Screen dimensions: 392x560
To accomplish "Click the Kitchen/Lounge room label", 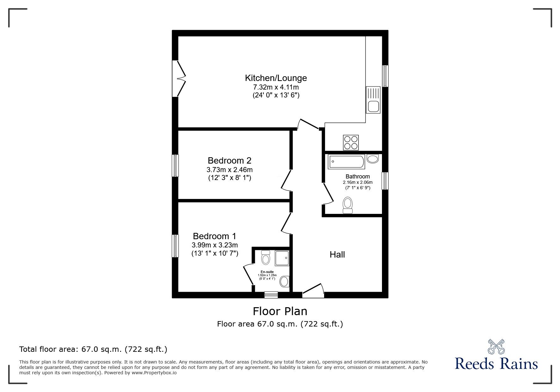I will pos(276,78).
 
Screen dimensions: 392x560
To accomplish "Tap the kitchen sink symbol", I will pos(373,100).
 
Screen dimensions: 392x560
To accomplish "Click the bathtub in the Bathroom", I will pos(346,162).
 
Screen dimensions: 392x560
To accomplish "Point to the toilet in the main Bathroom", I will pos(348,205).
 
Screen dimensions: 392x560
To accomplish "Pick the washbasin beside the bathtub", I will pos(373,159).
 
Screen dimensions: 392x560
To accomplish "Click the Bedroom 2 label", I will pos(229,160).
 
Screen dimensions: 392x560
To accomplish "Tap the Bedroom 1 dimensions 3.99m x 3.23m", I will pos(215,245).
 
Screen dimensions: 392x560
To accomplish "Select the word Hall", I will pos(337,254).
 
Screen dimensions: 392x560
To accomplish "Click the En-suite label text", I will pos(267,272).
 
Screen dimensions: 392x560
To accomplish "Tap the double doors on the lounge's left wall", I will pos(178,78).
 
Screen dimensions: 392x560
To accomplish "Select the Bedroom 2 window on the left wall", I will pos(175,165).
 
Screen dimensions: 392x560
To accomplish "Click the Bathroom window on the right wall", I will pos(385,181).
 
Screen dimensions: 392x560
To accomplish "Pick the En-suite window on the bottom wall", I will pos(271,295).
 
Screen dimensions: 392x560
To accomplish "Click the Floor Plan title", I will pos(280,311).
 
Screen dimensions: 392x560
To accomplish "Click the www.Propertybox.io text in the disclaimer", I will pos(154,373).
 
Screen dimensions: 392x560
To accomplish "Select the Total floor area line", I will pos(93,349).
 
